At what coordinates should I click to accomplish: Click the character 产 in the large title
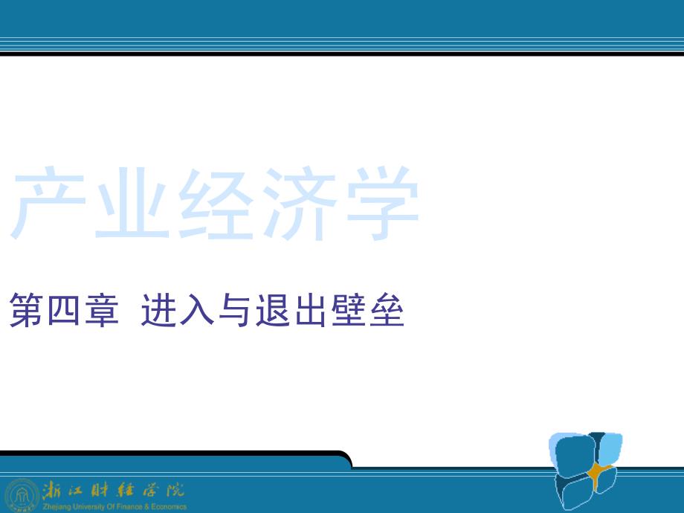(48, 203)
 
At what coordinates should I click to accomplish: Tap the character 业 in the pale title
(132, 204)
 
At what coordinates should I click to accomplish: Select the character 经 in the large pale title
(216, 203)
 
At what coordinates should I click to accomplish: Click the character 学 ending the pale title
(383, 203)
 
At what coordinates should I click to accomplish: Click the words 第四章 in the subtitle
(64, 310)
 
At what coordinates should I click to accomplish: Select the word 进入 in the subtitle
(178, 310)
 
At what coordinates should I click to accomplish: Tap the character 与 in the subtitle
(234, 310)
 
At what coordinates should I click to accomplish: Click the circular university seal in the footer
(22, 495)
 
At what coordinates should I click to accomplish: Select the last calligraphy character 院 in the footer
(175, 490)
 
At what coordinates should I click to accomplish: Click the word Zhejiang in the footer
(57, 507)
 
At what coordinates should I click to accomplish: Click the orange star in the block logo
(599, 472)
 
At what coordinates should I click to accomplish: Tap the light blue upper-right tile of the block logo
(610, 449)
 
